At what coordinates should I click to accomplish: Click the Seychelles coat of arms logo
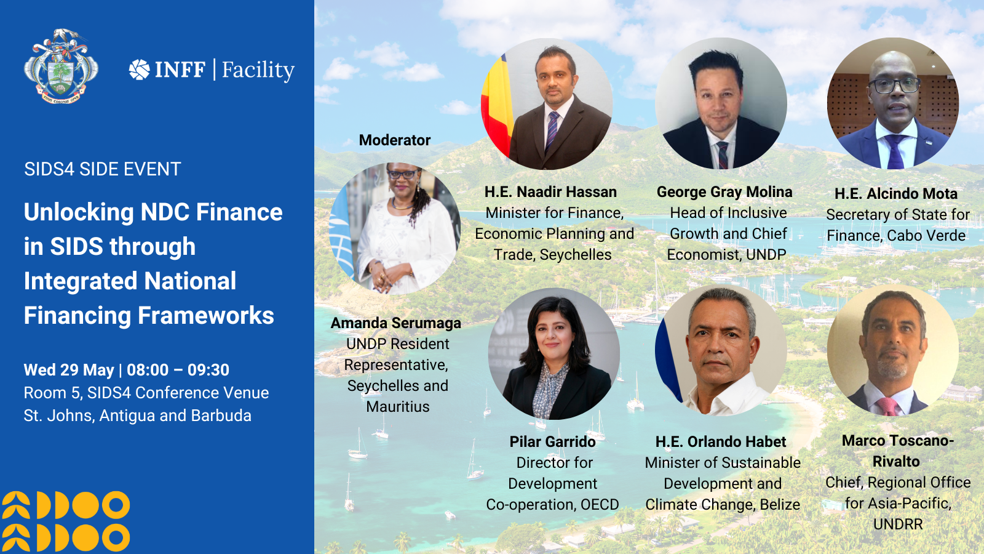tap(61, 66)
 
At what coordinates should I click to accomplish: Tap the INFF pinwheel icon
tap(139, 70)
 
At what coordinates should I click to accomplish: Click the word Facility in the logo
tap(258, 70)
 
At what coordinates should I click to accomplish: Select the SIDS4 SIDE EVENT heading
tap(102, 169)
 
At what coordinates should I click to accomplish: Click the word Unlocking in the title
tap(79, 213)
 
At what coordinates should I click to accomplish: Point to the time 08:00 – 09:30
tap(178, 370)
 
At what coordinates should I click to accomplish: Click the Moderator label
tap(394, 140)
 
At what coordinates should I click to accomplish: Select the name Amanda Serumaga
tap(395, 323)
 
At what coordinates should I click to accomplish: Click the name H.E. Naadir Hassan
tap(550, 191)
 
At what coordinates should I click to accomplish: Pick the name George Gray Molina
tap(724, 191)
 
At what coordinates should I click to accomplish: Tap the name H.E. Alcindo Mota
tap(895, 193)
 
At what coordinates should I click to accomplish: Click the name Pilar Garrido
tap(552, 441)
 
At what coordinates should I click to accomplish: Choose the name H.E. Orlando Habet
tap(720, 441)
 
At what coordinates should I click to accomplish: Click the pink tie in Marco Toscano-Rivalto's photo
tap(887, 406)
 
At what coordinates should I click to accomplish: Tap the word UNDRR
tap(897, 524)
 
